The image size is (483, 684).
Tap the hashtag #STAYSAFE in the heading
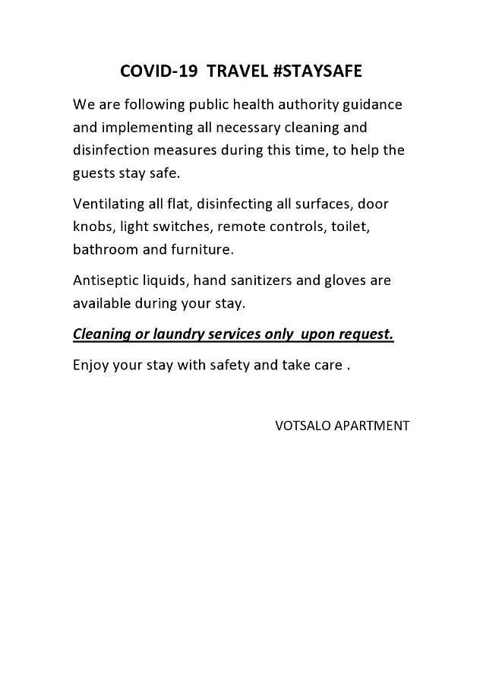(322, 71)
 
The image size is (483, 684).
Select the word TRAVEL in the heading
(238, 71)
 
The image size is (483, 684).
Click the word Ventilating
(106, 204)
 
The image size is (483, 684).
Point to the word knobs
(92, 226)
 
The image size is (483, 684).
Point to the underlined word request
(367, 335)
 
